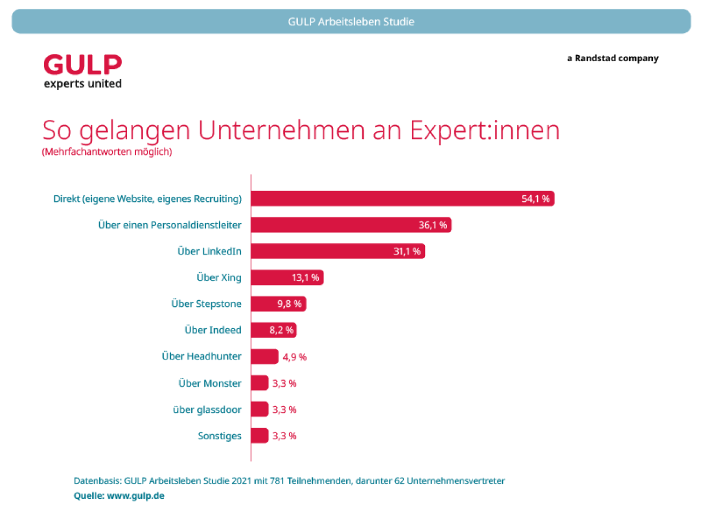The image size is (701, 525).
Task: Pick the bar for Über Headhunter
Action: point(265,357)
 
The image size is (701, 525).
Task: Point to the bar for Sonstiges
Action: point(260,436)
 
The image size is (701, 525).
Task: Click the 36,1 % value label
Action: point(433,225)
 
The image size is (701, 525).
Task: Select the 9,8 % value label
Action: point(289,304)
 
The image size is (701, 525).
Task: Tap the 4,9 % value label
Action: point(295,357)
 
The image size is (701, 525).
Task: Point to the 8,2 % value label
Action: point(281,330)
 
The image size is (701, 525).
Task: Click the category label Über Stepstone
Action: point(206,304)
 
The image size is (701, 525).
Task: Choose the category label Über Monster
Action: point(210,383)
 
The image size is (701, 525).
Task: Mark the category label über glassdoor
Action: point(207,410)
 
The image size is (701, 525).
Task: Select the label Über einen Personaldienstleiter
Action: point(170,225)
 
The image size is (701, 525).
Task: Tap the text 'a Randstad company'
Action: point(613,58)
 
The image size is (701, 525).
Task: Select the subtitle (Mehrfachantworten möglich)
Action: point(107,151)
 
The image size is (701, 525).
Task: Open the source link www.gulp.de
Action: point(135,496)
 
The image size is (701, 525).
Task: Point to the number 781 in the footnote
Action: point(277,481)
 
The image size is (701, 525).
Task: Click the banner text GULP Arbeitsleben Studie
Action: point(351,22)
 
